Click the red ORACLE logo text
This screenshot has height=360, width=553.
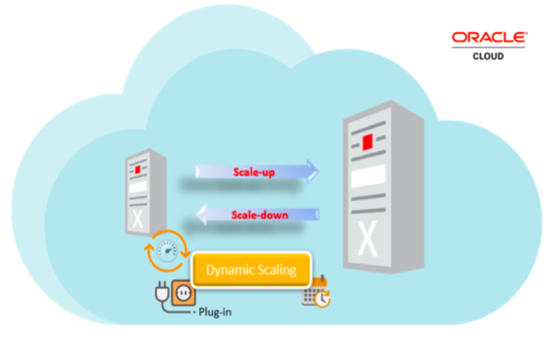click(x=489, y=37)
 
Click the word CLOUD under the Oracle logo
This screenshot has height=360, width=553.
click(x=490, y=57)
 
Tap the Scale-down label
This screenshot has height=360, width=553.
click(x=260, y=215)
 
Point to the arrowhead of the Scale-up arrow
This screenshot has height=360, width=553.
click(x=312, y=172)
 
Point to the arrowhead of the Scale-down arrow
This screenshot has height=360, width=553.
click(x=198, y=215)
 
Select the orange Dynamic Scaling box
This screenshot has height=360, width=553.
click(x=252, y=270)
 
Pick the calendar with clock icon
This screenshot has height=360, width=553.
click(x=316, y=292)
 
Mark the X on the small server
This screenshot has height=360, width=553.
click(x=139, y=219)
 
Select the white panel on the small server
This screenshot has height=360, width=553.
click(x=139, y=187)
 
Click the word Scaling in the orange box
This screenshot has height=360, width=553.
click(x=277, y=270)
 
